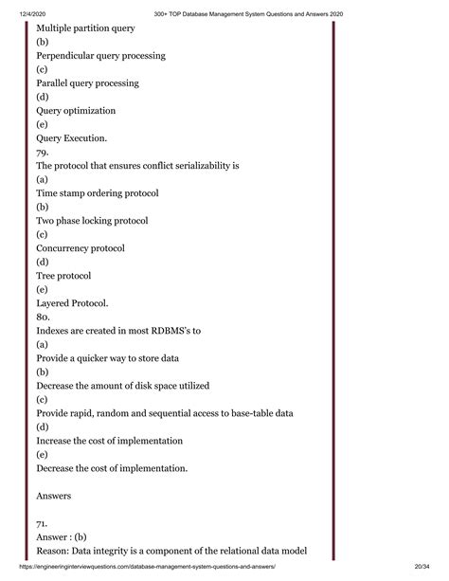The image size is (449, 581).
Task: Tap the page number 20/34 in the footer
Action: [x=428, y=572]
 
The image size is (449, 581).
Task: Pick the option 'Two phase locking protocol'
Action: [x=92, y=220]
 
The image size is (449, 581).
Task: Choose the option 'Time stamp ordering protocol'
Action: [x=98, y=192]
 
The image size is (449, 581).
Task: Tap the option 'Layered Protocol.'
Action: [x=72, y=302]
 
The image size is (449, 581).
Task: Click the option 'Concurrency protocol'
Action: [x=81, y=247]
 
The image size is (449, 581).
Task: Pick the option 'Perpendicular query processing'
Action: [x=100, y=55]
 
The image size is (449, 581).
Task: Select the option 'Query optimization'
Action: [x=76, y=110]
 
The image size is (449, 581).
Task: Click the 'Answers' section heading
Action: [x=55, y=495]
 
